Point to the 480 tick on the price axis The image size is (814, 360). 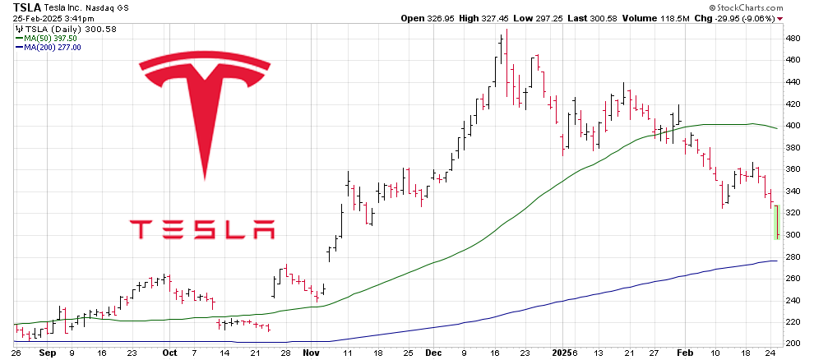pos(793,39)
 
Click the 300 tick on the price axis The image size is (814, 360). pos(793,234)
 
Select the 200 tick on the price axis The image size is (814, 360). pos(793,343)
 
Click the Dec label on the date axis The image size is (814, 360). pos(435,352)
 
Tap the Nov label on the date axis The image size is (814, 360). pos(311,352)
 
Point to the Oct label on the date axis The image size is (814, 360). pos(169,352)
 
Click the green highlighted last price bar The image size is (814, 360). pos(777,222)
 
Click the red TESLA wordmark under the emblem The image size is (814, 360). pos(202,229)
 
